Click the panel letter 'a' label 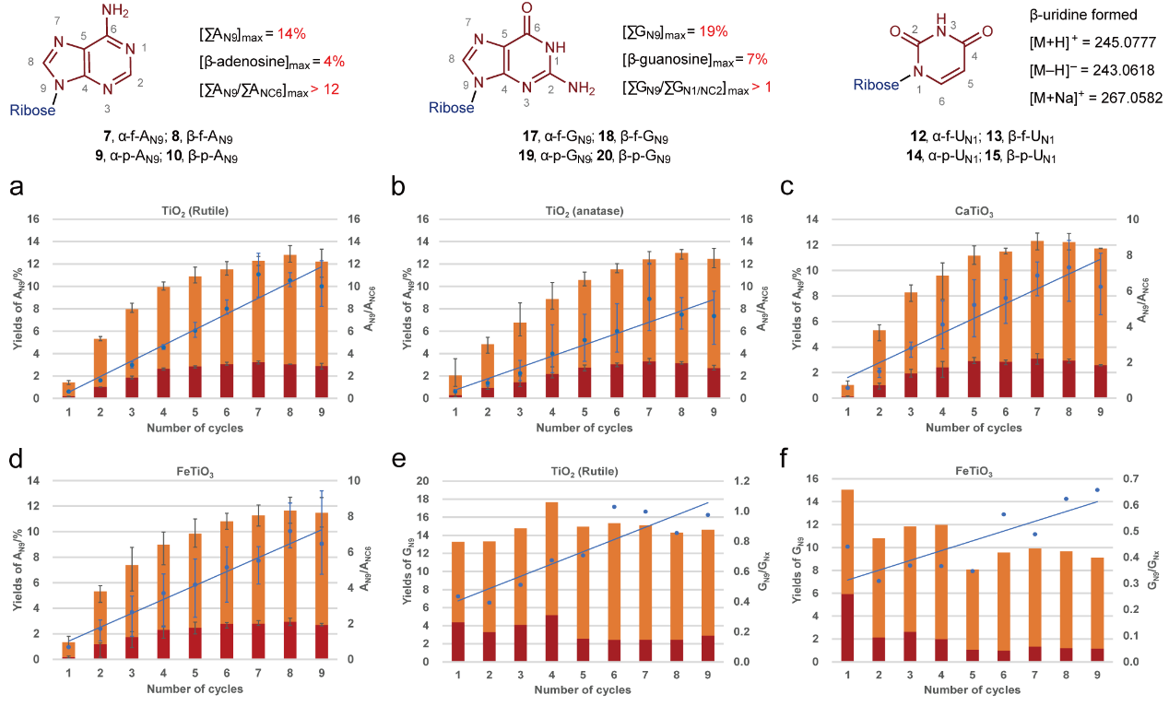click(x=17, y=190)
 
